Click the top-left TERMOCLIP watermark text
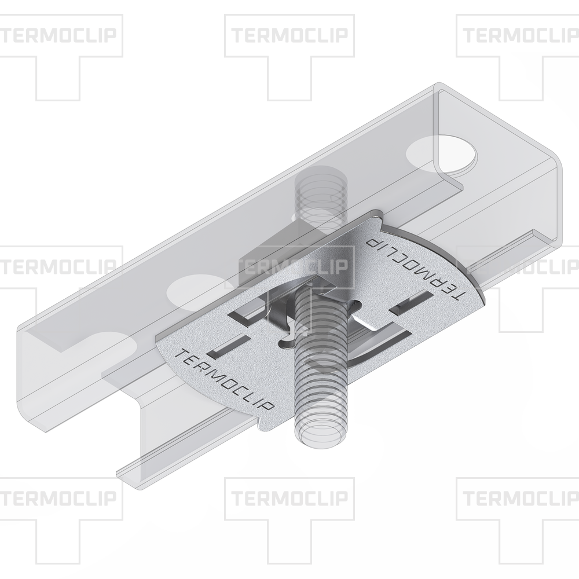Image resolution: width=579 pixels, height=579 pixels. pos(58,35)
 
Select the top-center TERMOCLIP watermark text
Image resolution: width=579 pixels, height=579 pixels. pos(290,35)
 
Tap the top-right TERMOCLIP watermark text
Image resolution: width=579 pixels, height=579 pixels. pos(521,35)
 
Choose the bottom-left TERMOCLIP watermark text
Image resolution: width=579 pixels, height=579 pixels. pos(58,499)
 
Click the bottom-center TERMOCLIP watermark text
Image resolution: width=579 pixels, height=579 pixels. pos(290,499)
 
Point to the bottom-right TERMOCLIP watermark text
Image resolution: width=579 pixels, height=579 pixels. pos(521,499)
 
